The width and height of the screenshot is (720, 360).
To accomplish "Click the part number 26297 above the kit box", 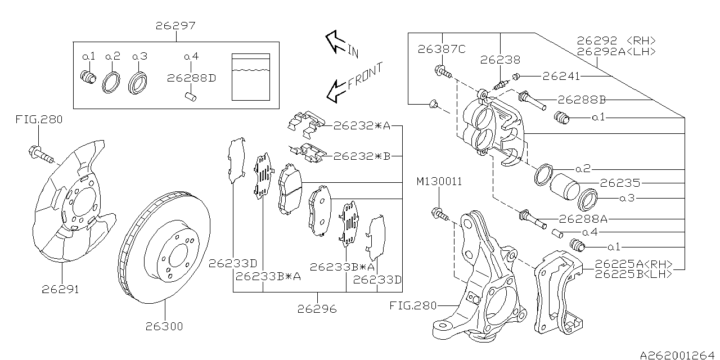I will pos(175,26).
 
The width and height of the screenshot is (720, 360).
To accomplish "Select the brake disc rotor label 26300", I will pos(165,326).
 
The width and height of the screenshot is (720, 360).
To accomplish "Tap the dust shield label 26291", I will pos(60,290).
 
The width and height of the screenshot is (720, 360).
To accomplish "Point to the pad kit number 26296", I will pos(317,308).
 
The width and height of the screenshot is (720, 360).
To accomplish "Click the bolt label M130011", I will pos(439,182).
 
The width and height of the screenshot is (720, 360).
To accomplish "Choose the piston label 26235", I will pos(620,183).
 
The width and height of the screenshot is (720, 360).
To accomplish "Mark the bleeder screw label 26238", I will pos(500,60).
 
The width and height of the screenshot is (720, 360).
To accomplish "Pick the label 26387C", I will pos(442,49).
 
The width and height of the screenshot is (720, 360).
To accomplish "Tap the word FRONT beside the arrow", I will pos(366,76).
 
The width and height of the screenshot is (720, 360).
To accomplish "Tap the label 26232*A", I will pos(362,126).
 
